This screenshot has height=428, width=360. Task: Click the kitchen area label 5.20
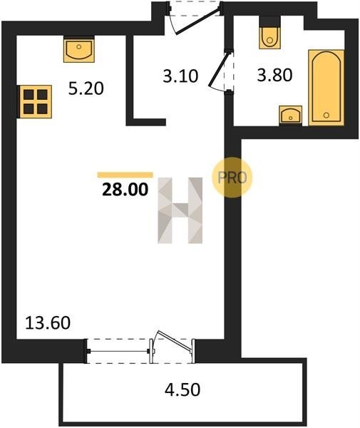(86, 88)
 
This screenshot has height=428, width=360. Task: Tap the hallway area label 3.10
(180, 76)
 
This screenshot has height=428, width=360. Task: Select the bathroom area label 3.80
(274, 75)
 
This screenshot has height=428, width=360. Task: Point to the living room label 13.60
(48, 322)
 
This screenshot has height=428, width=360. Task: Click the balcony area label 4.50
(182, 389)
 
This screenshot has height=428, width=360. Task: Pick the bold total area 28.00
(125, 190)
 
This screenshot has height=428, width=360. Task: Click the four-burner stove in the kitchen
(34, 101)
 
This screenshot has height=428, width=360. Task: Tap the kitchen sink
(79, 49)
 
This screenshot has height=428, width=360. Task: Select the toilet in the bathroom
(270, 33)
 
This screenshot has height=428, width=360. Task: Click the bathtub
(326, 87)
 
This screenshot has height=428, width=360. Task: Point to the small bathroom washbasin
(291, 115)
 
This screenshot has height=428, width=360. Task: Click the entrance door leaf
(198, 21)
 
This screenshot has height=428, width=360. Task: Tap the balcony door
(173, 340)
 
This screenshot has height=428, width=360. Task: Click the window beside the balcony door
(118, 351)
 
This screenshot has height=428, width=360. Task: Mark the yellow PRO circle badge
(232, 177)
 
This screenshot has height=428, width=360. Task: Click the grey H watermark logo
(180, 210)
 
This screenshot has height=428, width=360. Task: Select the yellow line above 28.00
(125, 175)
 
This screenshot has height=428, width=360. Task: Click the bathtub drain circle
(326, 115)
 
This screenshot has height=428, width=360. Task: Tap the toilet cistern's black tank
(270, 21)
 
